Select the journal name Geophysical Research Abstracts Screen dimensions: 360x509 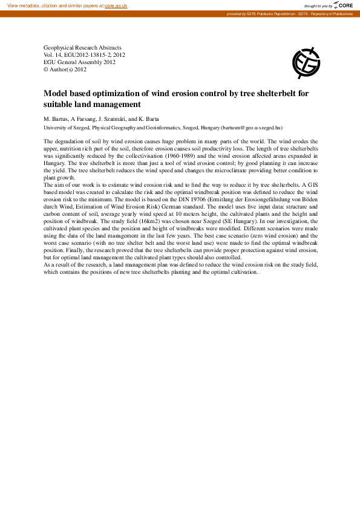pyautogui.click(x=82, y=47)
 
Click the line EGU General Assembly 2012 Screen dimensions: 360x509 pyautogui.click(x=79, y=62)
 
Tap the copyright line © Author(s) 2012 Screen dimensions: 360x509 pyautogui.click(x=65, y=69)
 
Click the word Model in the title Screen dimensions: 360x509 pyautogui.click(x=56, y=94)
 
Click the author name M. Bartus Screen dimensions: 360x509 pyautogui.click(x=56, y=118)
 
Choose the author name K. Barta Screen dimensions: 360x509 pyautogui.click(x=149, y=118)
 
